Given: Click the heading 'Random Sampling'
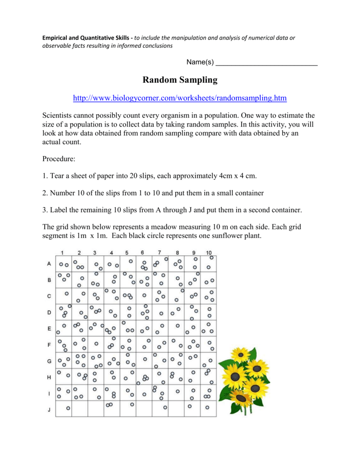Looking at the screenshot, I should pyautogui.click(x=180, y=81).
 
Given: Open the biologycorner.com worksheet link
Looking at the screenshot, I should pyautogui.click(x=180, y=98).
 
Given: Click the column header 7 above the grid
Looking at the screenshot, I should pyautogui.click(x=159, y=252).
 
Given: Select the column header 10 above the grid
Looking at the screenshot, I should pyautogui.click(x=208, y=253).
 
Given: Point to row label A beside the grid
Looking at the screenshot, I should pyautogui.click(x=49, y=264).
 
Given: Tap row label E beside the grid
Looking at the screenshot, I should pyautogui.click(x=49, y=329).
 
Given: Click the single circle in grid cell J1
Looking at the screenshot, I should pyautogui.click(x=68, y=409).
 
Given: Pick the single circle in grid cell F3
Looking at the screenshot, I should pyautogui.click(x=96, y=344).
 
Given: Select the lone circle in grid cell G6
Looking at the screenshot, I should pyautogui.click(x=145, y=359).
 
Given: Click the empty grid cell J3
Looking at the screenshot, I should pyautogui.click(x=96, y=408).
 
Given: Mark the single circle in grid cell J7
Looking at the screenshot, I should pyautogui.click(x=165, y=407).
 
